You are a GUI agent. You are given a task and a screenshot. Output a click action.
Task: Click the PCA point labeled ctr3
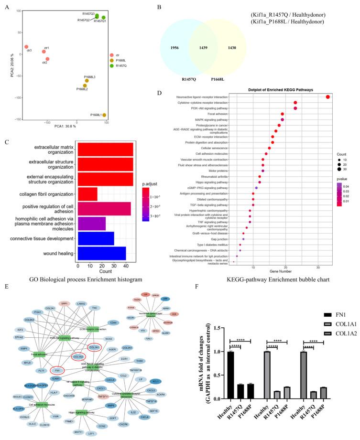[x=26, y=47]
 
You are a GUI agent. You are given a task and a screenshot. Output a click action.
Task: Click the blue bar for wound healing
[x=101, y=253]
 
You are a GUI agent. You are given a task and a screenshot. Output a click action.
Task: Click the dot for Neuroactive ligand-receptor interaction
[x=328, y=97]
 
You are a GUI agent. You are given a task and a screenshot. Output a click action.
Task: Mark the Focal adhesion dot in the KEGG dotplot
[x=283, y=114]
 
